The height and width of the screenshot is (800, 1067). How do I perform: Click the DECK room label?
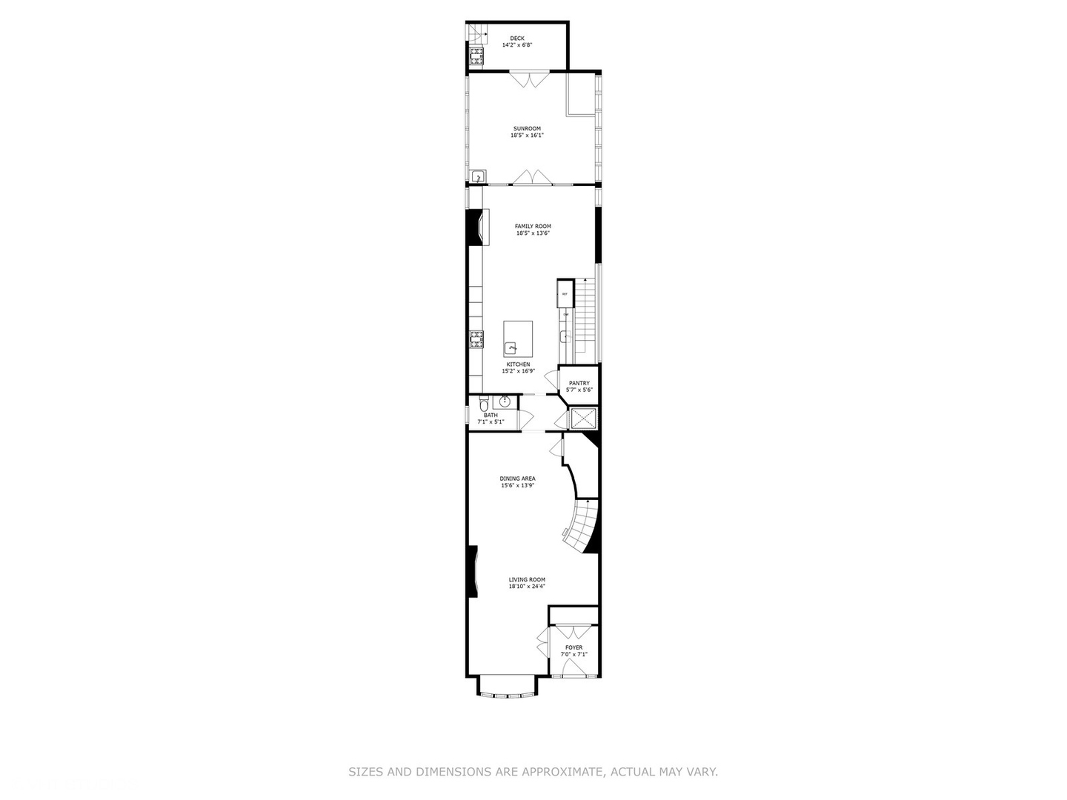pos(516,39)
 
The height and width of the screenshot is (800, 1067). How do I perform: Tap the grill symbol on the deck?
pos(475,56)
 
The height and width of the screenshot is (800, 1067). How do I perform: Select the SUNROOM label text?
pos(527,129)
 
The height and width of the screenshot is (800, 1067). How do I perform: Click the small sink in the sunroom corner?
pos(478,176)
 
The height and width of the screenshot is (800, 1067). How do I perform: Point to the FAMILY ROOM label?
pos(533,227)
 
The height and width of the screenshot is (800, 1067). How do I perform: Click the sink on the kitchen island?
pos(511,347)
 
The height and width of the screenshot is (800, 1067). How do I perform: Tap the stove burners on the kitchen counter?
pos(476,340)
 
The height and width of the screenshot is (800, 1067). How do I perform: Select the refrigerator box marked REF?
pos(565,294)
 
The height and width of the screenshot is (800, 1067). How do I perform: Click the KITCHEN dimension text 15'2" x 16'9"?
pos(518,371)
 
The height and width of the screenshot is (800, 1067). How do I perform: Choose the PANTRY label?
pos(579,384)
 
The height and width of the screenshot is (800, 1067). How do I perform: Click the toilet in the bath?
pos(483,404)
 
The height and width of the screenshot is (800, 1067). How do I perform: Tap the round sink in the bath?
pos(505,402)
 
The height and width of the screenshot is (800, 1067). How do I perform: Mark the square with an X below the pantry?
pos(582,419)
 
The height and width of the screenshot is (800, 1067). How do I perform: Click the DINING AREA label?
pos(517,479)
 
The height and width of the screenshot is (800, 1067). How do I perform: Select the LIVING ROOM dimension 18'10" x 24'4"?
pos(527,587)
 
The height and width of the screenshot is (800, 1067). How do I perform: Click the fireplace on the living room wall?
pos(473,570)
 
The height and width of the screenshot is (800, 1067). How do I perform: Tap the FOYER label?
pos(574,648)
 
